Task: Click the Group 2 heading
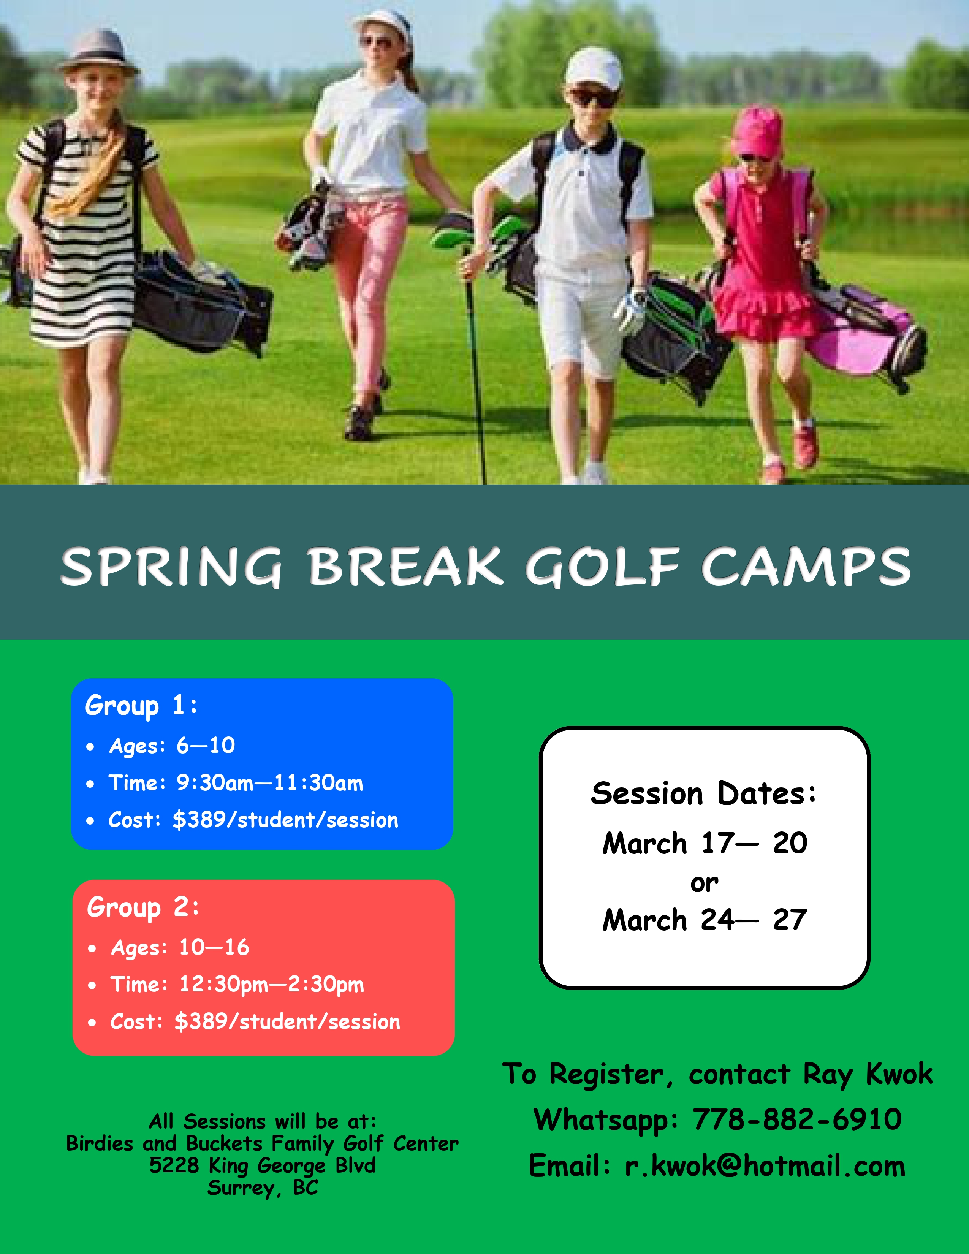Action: [143, 907]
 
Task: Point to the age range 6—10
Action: [206, 745]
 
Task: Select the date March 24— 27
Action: [705, 920]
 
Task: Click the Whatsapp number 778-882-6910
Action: [797, 1119]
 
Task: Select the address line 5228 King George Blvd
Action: [262, 1165]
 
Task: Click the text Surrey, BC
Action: [262, 1187]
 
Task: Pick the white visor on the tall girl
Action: [383, 22]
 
